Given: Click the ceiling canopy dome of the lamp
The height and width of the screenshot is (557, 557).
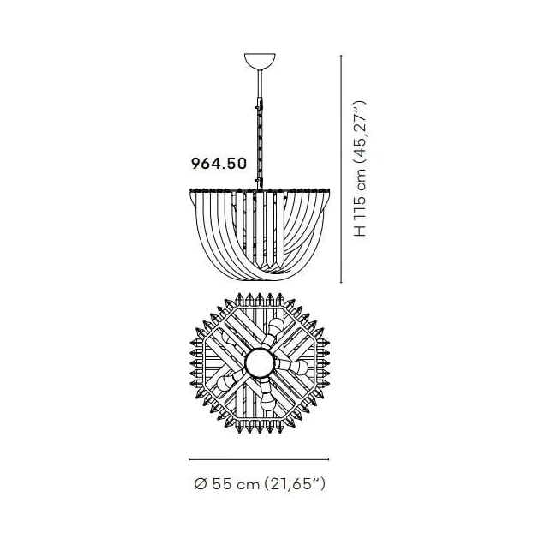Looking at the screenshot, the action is click(260, 61).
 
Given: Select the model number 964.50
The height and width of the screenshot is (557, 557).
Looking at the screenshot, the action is click(219, 164).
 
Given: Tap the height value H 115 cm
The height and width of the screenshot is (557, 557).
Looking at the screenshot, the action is click(360, 202).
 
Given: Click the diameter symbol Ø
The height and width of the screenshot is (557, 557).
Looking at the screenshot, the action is click(201, 484).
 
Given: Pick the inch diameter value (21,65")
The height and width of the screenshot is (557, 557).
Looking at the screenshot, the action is click(295, 484).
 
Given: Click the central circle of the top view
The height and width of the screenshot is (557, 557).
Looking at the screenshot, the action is click(260, 363).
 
